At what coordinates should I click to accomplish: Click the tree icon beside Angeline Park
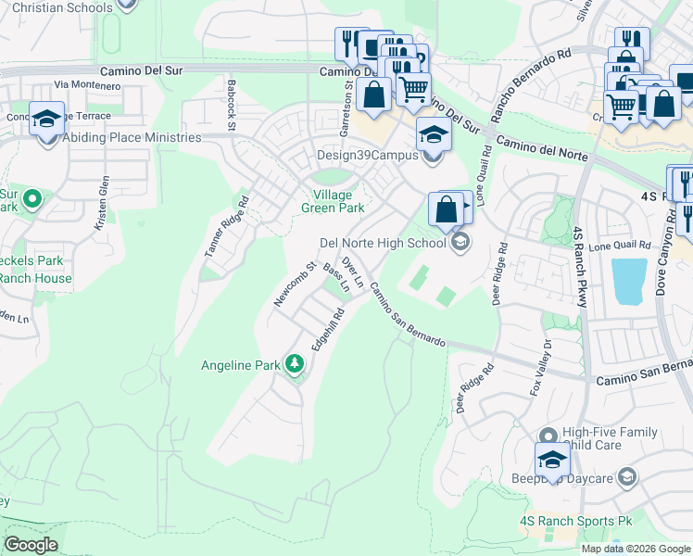295,364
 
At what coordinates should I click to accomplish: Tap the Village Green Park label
333,202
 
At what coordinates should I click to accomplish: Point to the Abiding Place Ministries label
132,138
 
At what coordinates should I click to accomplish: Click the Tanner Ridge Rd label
226,226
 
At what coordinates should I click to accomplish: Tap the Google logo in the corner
31,545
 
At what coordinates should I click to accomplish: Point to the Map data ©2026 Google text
635,549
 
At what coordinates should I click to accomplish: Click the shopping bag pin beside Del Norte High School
447,210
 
